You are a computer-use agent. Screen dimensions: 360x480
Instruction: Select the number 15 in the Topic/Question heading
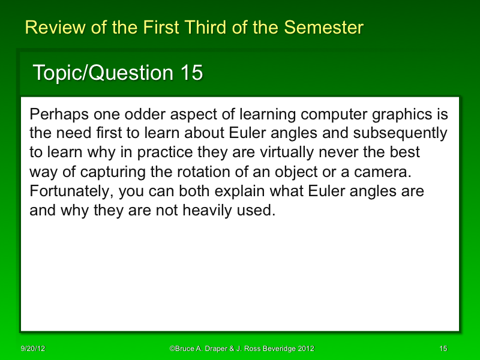[191, 73]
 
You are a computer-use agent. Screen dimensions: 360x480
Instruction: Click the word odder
[139, 114]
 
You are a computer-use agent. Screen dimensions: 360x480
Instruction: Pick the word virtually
[306, 152]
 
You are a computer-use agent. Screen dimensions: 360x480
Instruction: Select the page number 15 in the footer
[443, 349]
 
